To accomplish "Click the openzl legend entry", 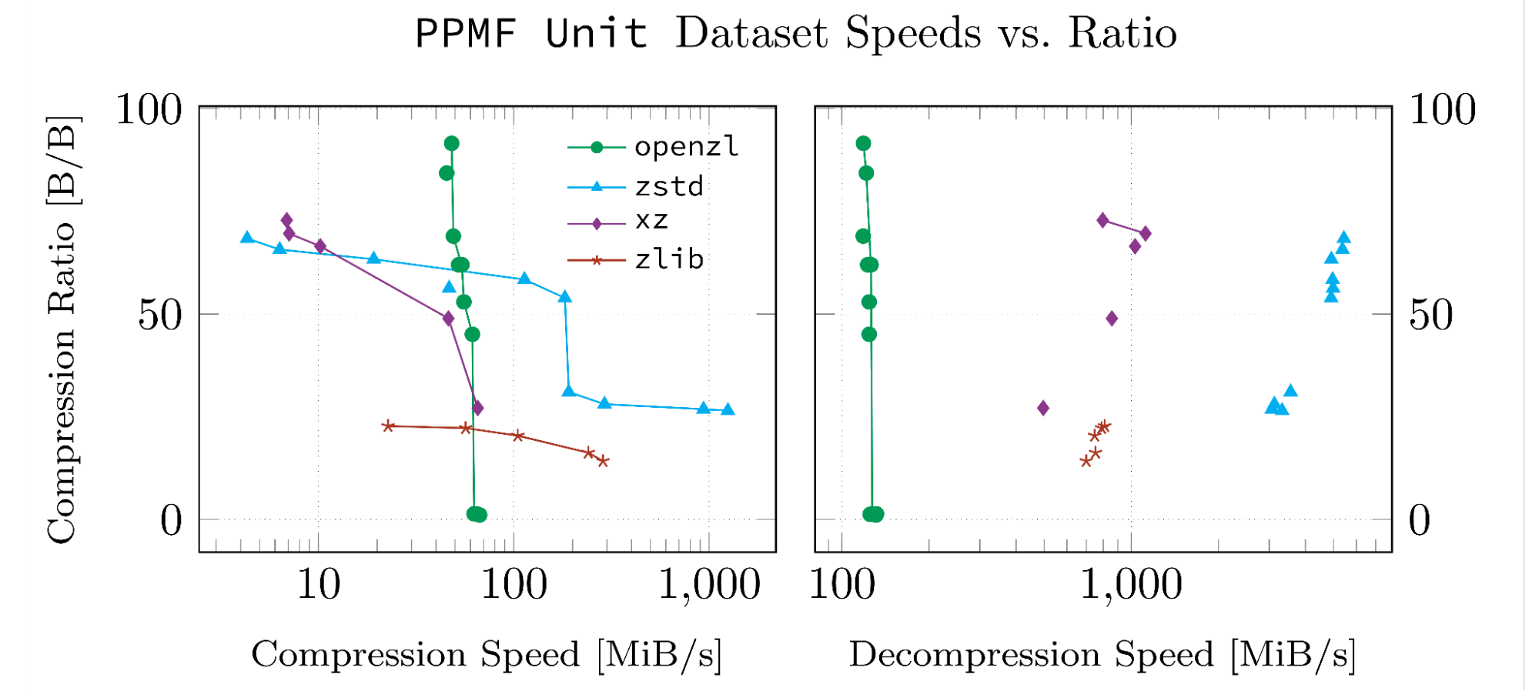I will (685, 146).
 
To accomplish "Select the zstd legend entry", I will (668, 186).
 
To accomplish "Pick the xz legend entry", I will (651, 222).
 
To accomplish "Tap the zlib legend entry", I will (668, 259).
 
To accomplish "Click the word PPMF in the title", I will (465, 34).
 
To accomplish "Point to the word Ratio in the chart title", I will (1122, 34).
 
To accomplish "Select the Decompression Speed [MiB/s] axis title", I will (1102, 655).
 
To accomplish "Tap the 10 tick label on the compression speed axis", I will (318, 585).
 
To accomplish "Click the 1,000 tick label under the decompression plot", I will (1130, 585).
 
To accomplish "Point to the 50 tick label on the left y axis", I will (159, 315).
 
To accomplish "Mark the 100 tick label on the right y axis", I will (1442, 109).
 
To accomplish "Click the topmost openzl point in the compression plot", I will (452, 143).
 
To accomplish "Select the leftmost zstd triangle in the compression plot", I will (247, 238).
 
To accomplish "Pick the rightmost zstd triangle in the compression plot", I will (728, 409).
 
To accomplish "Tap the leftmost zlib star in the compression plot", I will (388, 426).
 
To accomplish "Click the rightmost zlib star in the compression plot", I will (604, 461).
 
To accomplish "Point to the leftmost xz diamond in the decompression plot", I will (1043, 408).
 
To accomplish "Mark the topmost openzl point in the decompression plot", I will (863, 143).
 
